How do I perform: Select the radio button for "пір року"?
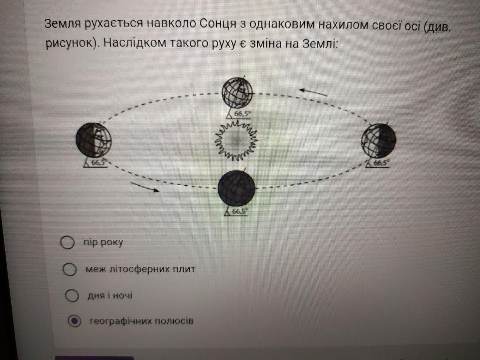click(x=67, y=242)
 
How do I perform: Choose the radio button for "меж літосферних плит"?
click(x=69, y=269)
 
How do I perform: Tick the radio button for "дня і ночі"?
click(x=72, y=295)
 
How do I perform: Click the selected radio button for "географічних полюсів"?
click(x=75, y=321)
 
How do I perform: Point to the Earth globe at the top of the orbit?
click(x=237, y=91)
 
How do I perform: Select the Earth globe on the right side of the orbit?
click(x=378, y=141)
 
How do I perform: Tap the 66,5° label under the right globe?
click(x=382, y=163)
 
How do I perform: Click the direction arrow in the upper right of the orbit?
click(x=313, y=92)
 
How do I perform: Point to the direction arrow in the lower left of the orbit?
click(x=145, y=187)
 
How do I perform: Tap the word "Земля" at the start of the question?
click(x=62, y=24)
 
